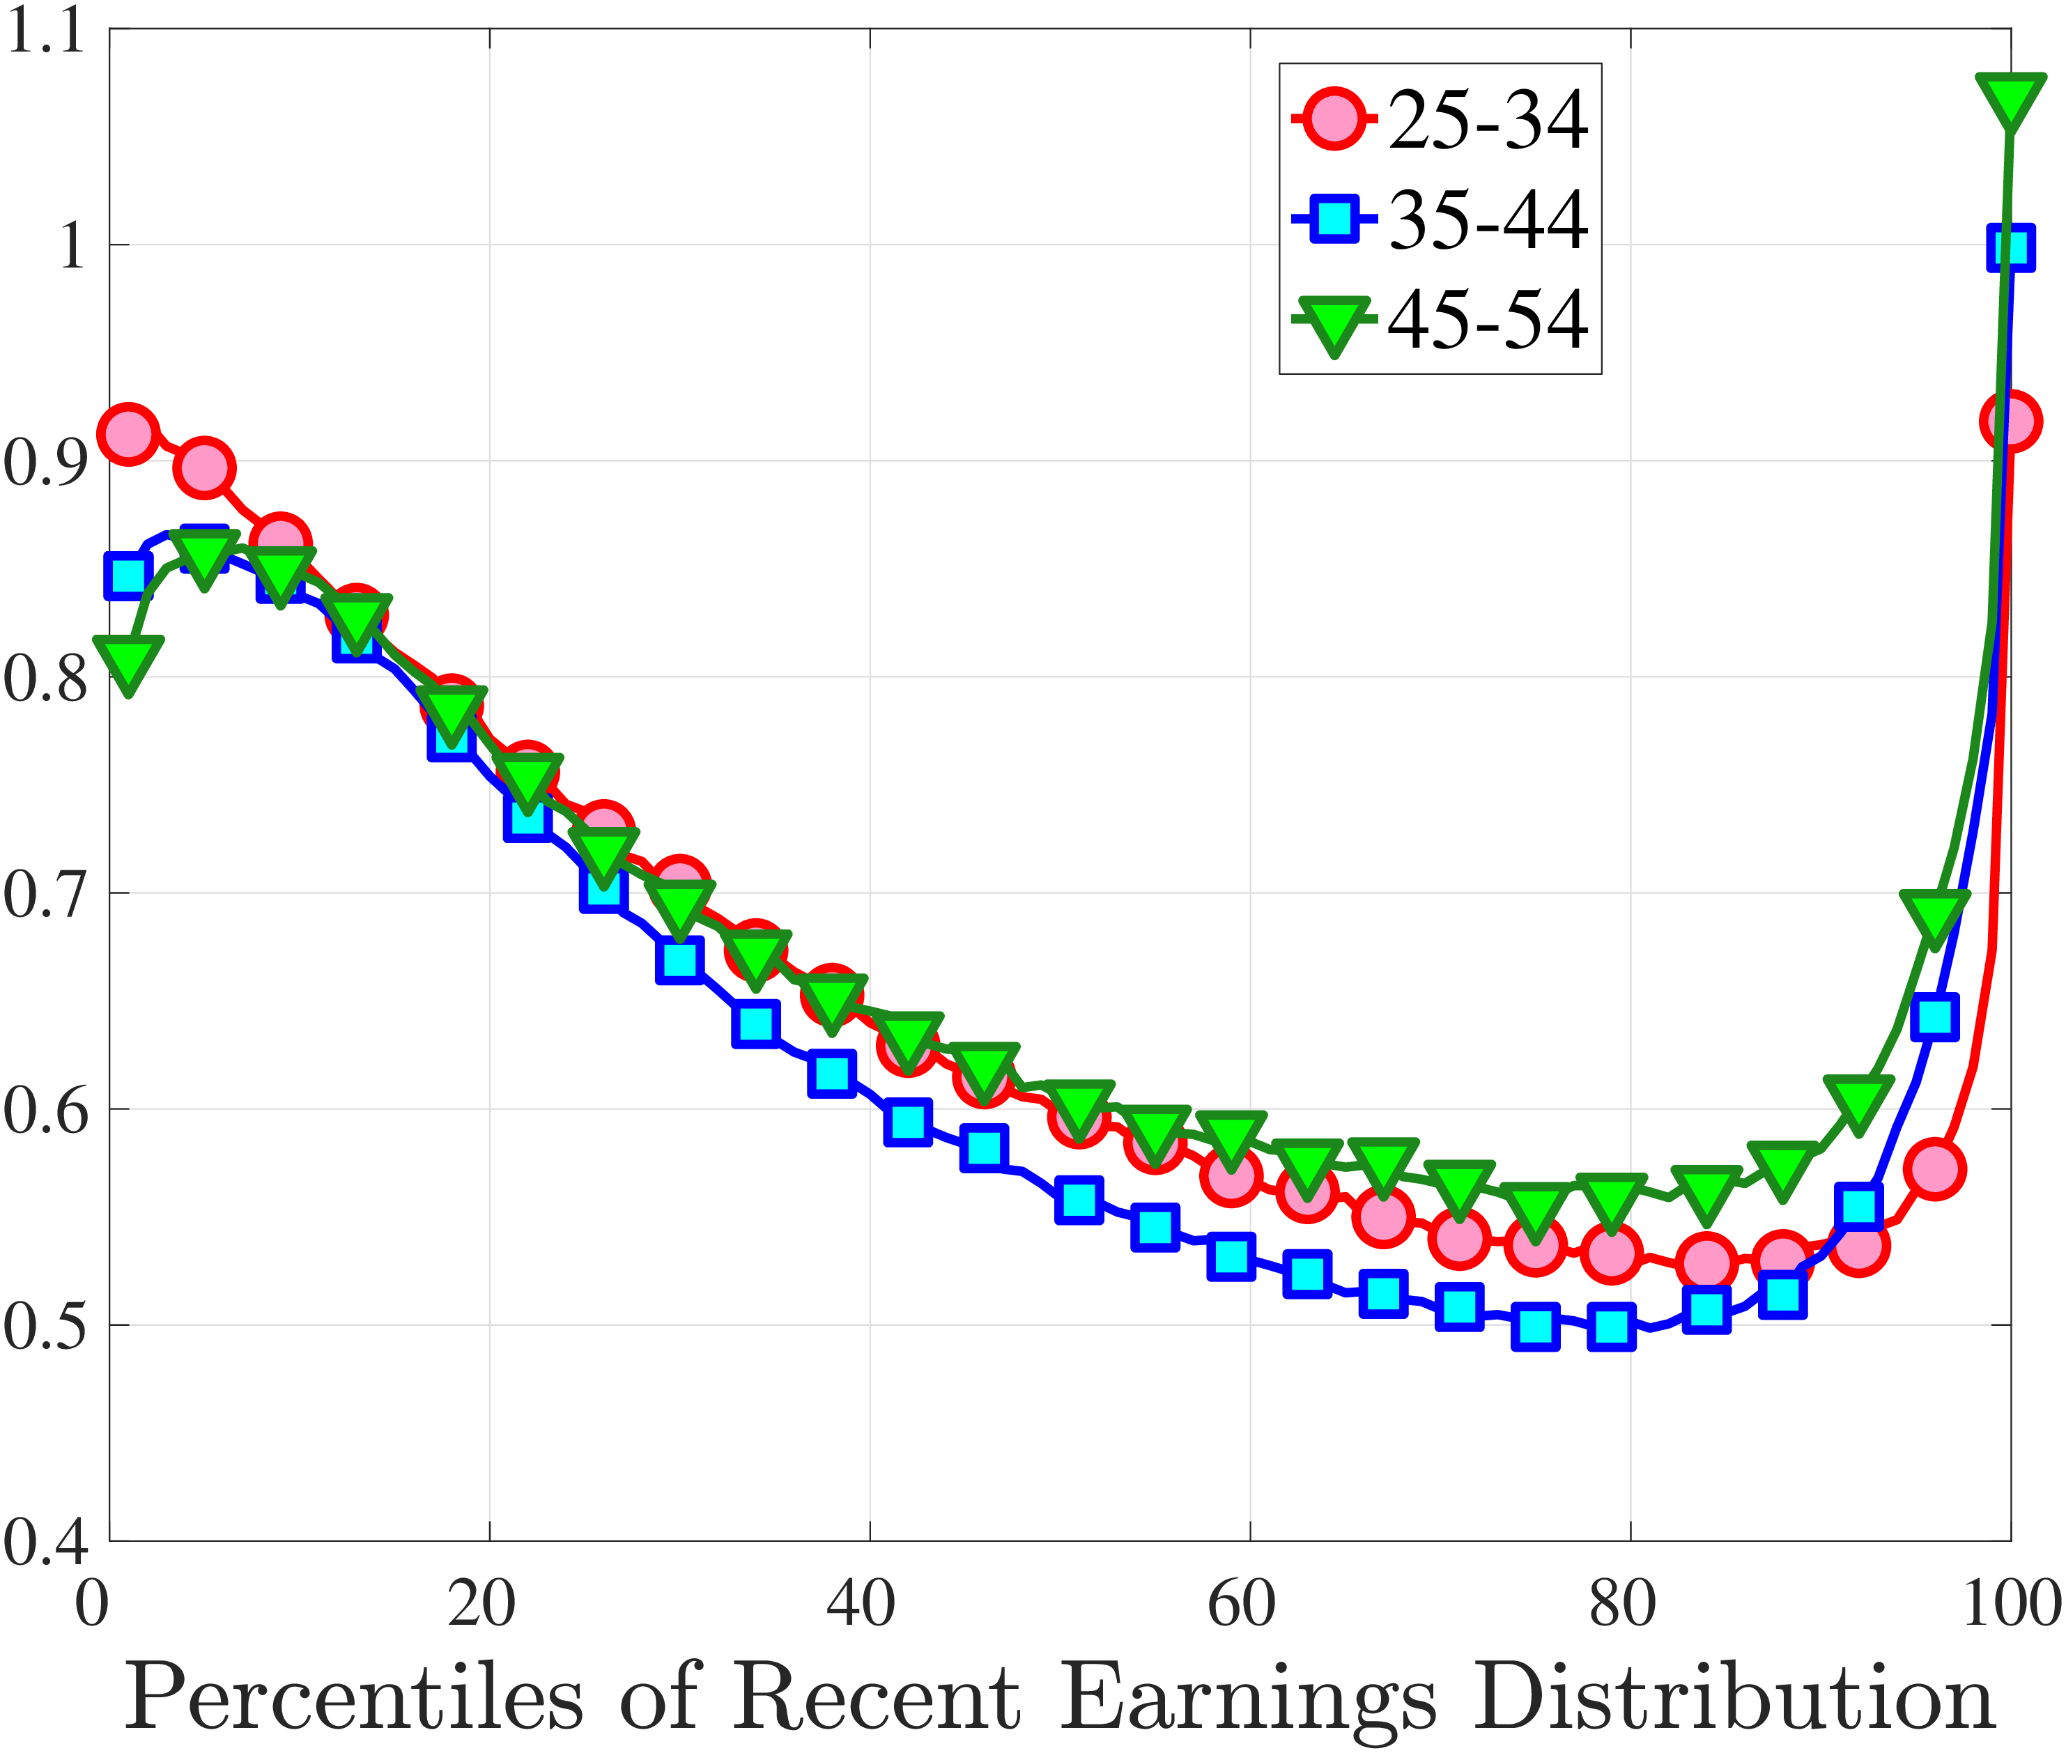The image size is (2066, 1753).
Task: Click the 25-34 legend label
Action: click(x=1488, y=121)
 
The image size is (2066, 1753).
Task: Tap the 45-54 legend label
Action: click(x=1488, y=320)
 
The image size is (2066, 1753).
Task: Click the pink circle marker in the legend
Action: click(x=1334, y=119)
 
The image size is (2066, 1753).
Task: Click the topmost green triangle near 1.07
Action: click(x=2010, y=100)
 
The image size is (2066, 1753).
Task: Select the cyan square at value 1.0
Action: click(x=2010, y=247)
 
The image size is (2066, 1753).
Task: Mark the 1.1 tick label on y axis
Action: click(x=45, y=33)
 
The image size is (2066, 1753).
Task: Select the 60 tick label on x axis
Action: click(x=1241, y=1605)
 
